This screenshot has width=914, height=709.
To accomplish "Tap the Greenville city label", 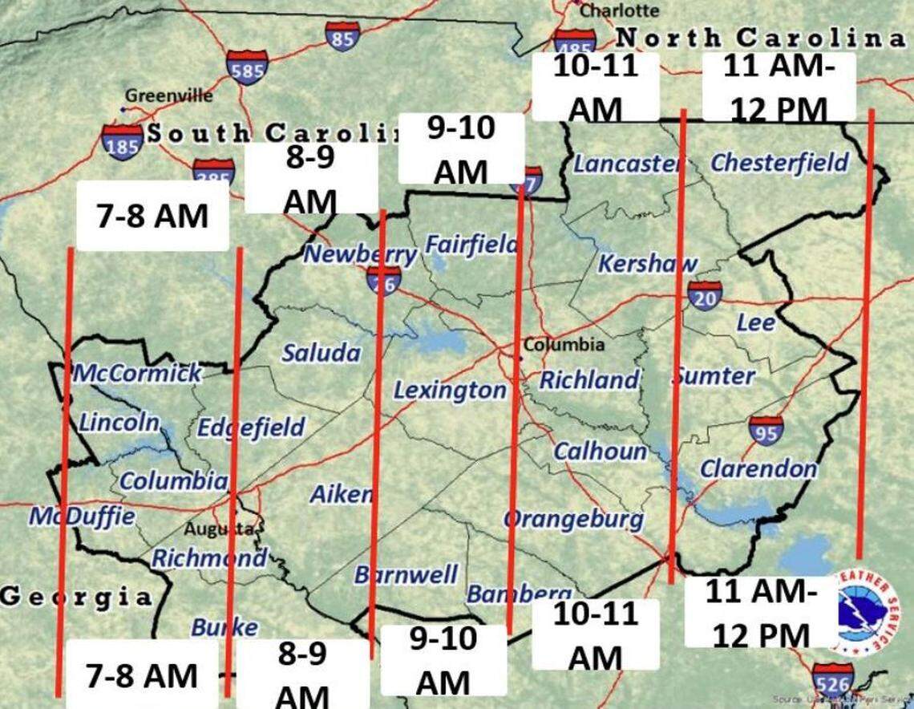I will point(168,95).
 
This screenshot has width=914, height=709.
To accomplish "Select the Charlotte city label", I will point(619,10).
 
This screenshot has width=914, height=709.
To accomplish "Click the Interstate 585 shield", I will point(246,68).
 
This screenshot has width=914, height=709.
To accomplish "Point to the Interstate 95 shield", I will point(766,430).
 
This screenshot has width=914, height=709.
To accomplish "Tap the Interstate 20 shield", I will point(703,295).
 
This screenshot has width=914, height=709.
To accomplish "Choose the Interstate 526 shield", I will point(832,679).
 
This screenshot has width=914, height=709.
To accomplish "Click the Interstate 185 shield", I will point(123,140).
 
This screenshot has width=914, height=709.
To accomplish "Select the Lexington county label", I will point(449,391).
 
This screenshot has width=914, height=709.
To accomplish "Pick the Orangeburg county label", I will point(573,520).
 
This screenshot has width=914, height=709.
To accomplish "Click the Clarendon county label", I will point(758,469).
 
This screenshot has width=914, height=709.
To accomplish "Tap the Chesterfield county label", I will point(779,163).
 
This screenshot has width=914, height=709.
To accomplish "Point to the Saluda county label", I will point(321,353).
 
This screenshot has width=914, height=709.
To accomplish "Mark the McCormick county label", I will point(138,373).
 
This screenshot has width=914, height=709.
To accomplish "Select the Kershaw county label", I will point(647,263).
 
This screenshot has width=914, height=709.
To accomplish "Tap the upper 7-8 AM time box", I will point(152,216).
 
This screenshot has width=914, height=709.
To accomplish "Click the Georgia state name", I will point(75,597).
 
